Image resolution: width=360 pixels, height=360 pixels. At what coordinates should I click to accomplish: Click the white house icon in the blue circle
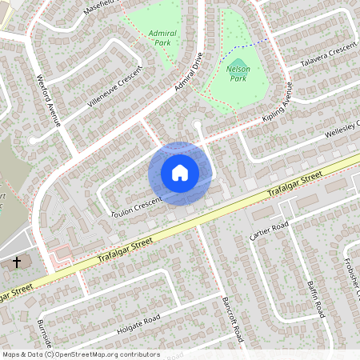[x=180, y=172]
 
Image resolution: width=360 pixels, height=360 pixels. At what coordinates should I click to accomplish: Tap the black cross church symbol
[x=17, y=262]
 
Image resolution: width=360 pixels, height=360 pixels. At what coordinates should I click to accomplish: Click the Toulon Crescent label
[x=136, y=206]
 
